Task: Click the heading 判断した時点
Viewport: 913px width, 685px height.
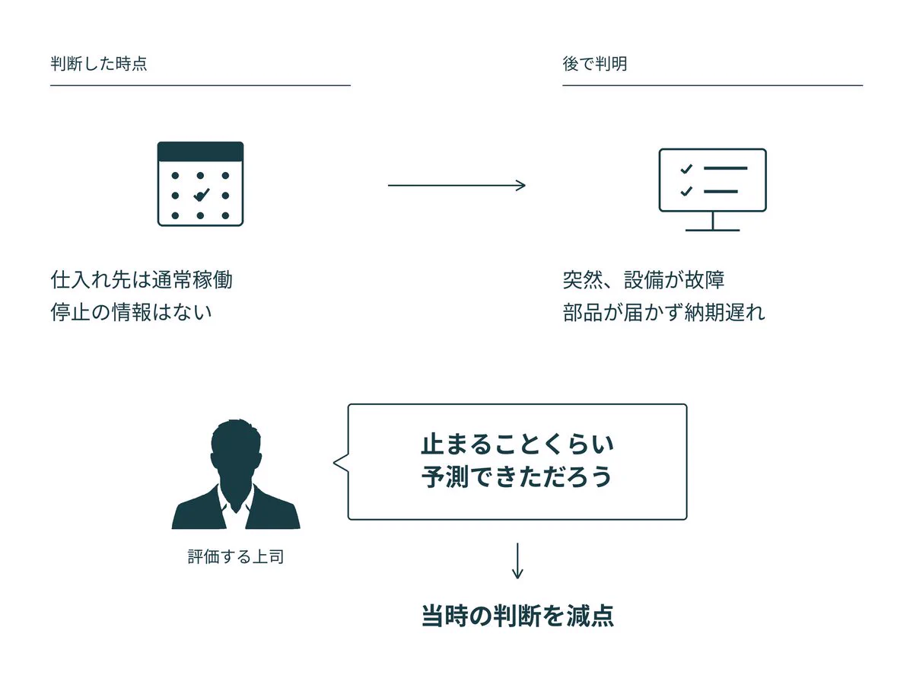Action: (x=99, y=64)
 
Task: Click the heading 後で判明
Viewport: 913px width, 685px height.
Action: (x=594, y=64)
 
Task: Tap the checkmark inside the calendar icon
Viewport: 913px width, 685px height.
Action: (x=202, y=195)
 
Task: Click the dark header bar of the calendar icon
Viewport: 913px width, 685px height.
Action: (x=200, y=151)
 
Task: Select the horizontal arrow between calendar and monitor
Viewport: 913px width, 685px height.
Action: (x=456, y=185)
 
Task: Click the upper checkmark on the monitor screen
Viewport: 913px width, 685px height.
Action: (x=686, y=168)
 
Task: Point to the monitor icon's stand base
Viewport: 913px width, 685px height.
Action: (x=712, y=230)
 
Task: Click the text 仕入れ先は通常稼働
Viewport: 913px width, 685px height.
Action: (x=142, y=279)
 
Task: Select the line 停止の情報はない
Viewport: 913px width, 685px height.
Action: (x=131, y=312)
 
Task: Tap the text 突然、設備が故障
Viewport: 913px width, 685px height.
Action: (x=644, y=279)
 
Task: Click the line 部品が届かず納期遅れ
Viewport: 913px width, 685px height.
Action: (x=664, y=312)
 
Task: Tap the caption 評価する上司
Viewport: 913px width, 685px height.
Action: (x=236, y=556)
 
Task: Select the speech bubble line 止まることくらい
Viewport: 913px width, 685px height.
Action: (x=517, y=444)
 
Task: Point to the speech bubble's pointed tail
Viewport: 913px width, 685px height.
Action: (x=334, y=462)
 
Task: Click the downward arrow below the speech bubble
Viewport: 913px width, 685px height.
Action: (x=517, y=561)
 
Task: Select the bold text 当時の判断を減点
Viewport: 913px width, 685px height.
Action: (x=517, y=616)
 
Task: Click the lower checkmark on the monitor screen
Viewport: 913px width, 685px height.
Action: (x=686, y=191)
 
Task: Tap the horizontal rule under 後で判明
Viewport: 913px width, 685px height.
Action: (x=712, y=85)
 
